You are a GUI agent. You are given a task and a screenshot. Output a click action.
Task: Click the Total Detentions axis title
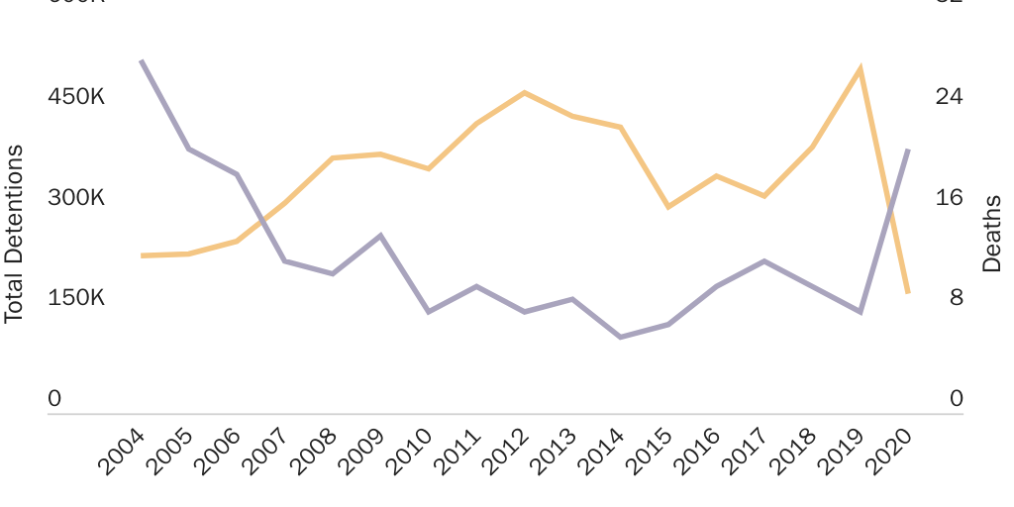pyautogui.click(x=14, y=234)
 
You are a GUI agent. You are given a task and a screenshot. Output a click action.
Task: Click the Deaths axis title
pyautogui.click(x=991, y=234)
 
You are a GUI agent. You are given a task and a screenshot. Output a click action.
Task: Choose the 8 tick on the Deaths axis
pyautogui.click(x=957, y=298)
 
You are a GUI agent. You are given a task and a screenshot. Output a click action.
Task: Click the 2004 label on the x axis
pyautogui.click(x=121, y=453)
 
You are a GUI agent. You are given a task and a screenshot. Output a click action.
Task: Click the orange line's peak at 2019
pyautogui.click(x=861, y=68)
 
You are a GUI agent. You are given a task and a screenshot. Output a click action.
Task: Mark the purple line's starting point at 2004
pyautogui.click(x=143, y=61)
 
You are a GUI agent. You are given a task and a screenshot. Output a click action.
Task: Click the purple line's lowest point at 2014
pyautogui.click(x=621, y=337)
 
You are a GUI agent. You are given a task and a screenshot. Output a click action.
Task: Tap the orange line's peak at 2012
pyautogui.click(x=525, y=92)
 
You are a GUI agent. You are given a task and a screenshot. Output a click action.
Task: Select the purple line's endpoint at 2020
pyautogui.click(x=908, y=150)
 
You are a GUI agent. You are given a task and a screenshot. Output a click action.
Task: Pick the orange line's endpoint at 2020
pyautogui.click(x=908, y=292)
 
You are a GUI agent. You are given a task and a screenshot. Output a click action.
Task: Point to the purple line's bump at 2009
pyautogui.click(x=381, y=236)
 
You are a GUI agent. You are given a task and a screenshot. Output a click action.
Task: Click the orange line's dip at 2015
pyautogui.click(x=668, y=207)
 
